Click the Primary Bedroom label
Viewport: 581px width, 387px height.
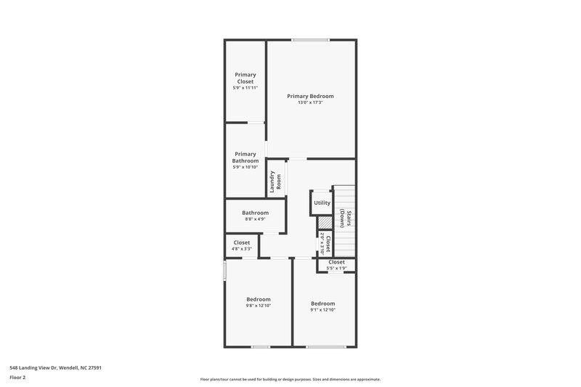coord(310,96)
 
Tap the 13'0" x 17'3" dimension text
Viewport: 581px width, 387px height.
coord(310,102)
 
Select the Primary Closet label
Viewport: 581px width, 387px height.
coord(245,78)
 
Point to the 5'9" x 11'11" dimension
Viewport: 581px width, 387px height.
coord(245,88)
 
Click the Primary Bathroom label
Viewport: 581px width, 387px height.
coord(245,157)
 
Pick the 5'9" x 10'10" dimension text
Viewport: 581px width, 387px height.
coord(245,167)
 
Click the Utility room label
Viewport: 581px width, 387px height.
coord(322,203)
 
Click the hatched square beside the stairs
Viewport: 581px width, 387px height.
coord(325,222)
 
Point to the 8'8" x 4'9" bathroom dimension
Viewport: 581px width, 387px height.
coord(255,219)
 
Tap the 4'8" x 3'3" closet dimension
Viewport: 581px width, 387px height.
coord(242,249)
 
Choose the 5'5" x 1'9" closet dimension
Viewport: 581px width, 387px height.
coord(336,269)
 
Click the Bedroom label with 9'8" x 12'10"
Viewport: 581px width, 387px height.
coord(258,299)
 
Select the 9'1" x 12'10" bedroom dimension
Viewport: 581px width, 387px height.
coord(323,310)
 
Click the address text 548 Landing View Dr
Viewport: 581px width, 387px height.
coord(55,367)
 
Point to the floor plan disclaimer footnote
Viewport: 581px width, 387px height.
coord(290,379)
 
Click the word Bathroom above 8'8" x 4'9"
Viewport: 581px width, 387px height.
coord(255,213)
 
